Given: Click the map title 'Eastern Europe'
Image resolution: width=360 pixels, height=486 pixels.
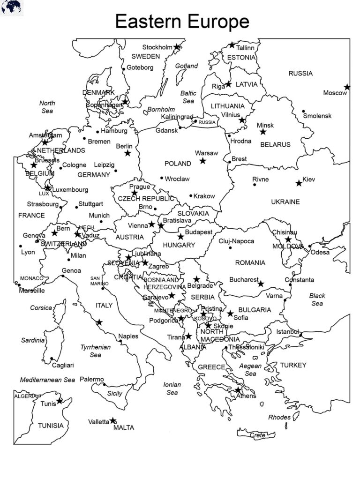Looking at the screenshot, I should pyautogui.click(x=182, y=22).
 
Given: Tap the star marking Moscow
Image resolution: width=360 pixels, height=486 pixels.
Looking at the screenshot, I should pyautogui.click(x=347, y=87).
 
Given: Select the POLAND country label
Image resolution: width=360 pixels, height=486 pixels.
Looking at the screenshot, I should pyautogui.click(x=178, y=164).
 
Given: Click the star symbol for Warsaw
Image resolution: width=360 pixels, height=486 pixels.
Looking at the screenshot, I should pyautogui.click(x=202, y=161).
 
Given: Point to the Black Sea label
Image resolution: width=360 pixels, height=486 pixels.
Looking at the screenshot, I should pyautogui.click(x=317, y=299).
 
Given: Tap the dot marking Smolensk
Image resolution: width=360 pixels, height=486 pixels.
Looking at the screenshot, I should pyautogui.click(x=304, y=111).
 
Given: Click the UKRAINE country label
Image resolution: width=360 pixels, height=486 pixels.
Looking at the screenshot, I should pyautogui.click(x=285, y=202).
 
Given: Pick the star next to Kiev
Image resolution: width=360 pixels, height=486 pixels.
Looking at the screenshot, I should pyautogui.click(x=299, y=183).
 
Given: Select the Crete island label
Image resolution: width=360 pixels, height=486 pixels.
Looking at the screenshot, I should pyautogui.click(x=257, y=435).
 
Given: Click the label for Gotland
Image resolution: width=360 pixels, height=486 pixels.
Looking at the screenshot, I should pyautogui.click(x=187, y=66).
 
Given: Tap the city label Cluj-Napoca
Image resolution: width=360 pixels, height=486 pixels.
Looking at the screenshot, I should pyautogui.click(x=236, y=241).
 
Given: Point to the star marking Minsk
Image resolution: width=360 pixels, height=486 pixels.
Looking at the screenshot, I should pyautogui.click(x=263, y=132).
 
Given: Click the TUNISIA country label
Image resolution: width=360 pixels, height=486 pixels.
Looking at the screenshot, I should pyautogui.click(x=51, y=426).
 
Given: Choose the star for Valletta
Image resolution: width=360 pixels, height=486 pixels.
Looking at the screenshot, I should pyautogui.click(x=113, y=420).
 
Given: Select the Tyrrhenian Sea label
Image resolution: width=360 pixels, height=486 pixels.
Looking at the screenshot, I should pyautogui.click(x=96, y=351).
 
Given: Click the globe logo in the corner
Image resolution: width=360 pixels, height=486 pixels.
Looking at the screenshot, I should pyautogui.click(x=11, y=7).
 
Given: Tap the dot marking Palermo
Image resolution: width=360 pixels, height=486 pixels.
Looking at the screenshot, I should pyautogui.click(x=104, y=384).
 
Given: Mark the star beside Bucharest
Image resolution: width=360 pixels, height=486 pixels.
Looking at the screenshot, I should pyautogui.click(x=261, y=284).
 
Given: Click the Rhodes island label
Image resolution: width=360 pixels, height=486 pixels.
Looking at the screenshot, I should pyautogui.click(x=279, y=417).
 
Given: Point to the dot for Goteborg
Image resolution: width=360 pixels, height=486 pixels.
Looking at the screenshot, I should pyautogui.click(x=124, y=68).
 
